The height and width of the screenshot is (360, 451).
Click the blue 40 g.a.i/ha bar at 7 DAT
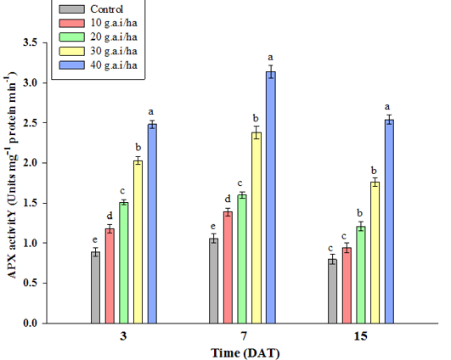coord(271,198)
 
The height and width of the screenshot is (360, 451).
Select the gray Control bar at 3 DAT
coord(96,288)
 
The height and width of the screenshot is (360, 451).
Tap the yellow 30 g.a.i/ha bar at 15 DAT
coord(375,253)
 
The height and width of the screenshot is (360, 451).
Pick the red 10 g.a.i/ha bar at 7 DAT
coord(228,267)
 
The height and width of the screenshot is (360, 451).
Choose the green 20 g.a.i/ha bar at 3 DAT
coord(124,263)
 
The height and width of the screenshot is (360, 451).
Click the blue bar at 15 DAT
coord(389,222)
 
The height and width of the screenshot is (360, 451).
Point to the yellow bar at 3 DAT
coord(138,242)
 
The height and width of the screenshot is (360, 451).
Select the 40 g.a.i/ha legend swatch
coord(72,65)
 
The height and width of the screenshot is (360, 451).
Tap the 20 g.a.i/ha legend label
coord(114,37)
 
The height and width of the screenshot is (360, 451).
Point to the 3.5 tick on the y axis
coord(44,42)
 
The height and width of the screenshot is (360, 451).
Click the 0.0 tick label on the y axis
coord(31,323)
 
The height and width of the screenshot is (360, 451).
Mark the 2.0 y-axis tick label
coord(31,163)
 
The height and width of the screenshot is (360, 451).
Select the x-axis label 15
coord(360,336)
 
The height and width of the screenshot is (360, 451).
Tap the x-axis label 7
coord(244,336)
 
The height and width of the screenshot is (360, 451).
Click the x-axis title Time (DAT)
coord(245,353)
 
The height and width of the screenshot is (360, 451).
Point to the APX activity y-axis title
coord(12,175)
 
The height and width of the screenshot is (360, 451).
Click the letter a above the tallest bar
coord(270,58)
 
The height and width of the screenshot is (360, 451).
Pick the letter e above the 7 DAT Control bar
coord(213,227)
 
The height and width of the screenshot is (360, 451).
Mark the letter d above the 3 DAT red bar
coord(110,216)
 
